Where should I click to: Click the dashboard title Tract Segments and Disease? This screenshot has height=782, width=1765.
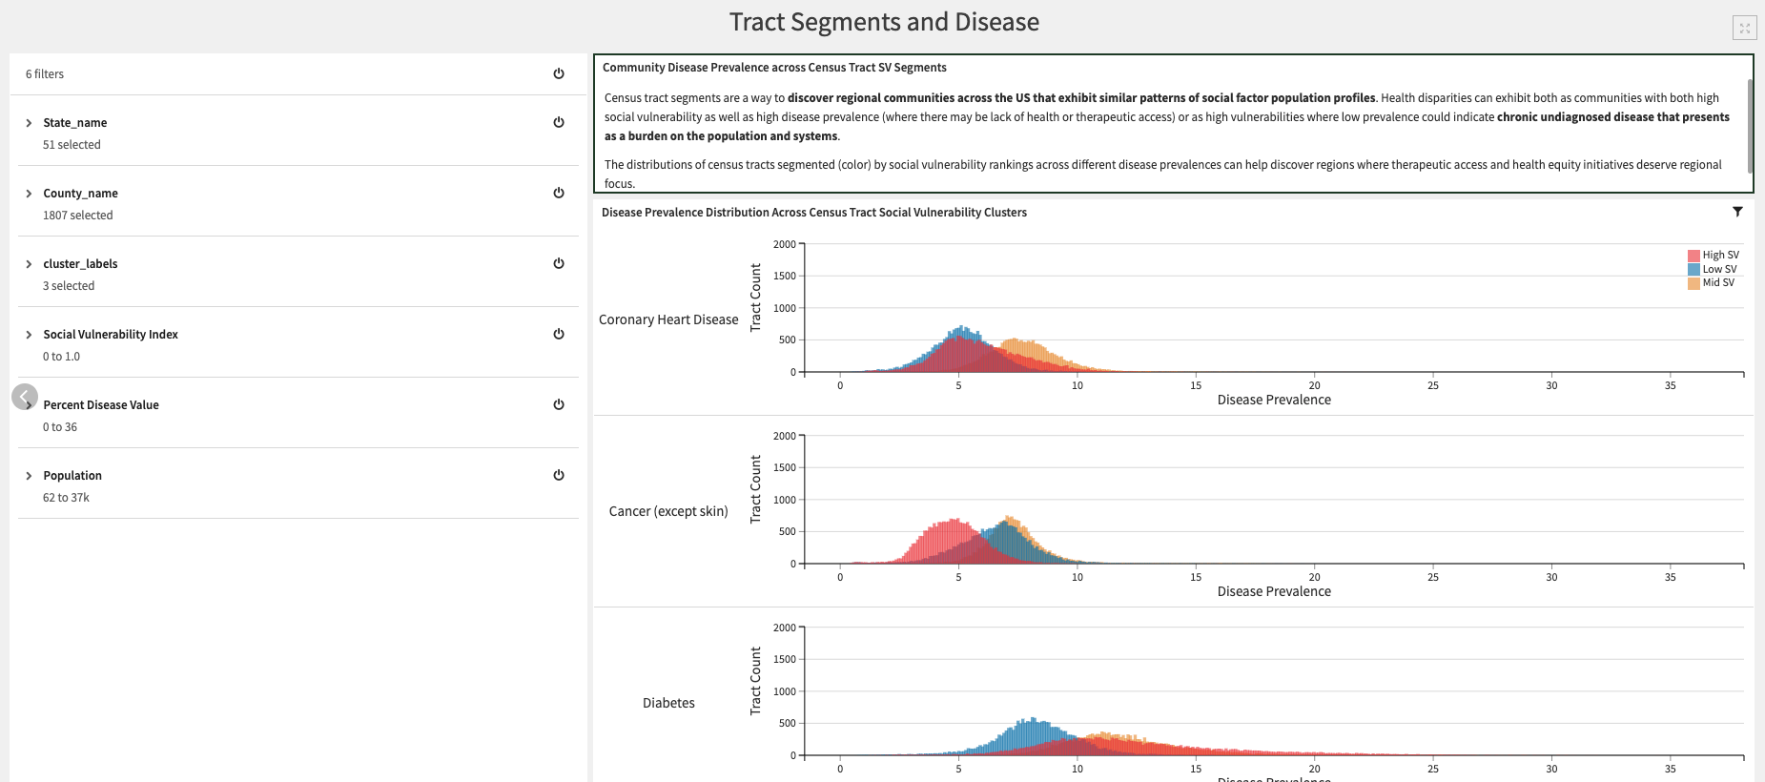(x=884, y=22)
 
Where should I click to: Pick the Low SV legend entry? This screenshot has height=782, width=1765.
(x=1714, y=269)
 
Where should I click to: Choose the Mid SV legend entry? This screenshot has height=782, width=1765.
(x=1714, y=282)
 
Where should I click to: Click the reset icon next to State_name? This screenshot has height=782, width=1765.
(x=559, y=122)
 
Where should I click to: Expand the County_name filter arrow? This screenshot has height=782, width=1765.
(x=29, y=194)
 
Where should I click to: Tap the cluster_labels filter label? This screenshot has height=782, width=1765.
(x=80, y=264)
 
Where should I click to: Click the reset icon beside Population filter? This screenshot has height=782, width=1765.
(x=559, y=475)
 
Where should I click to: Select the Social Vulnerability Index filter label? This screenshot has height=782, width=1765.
(x=111, y=335)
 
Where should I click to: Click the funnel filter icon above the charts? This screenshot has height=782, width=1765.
(x=1737, y=212)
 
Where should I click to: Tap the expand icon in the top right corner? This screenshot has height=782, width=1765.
(x=1744, y=29)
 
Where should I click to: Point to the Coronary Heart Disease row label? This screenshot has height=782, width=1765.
(x=668, y=319)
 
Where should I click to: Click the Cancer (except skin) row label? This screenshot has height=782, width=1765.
(x=668, y=511)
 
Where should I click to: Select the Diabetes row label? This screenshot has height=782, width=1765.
(x=668, y=703)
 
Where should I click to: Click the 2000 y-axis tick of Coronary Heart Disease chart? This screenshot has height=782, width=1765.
(x=784, y=244)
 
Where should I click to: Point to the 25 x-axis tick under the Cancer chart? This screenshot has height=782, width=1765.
(x=1433, y=577)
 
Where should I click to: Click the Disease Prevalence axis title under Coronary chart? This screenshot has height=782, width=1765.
(x=1274, y=400)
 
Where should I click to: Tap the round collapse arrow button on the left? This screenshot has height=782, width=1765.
(x=25, y=397)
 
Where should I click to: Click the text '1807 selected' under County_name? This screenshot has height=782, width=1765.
(x=77, y=216)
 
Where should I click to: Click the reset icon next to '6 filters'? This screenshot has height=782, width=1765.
(x=559, y=73)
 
